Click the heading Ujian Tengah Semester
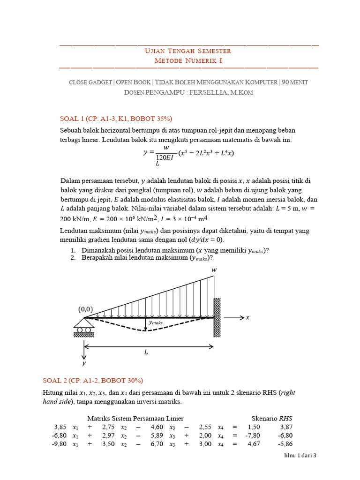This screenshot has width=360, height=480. click(x=189, y=51)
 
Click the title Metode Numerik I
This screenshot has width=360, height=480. click(x=189, y=61)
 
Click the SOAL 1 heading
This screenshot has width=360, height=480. click(x=113, y=118)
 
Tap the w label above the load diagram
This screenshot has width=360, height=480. click(x=214, y=270)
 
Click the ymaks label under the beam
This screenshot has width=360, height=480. click(x=155, y=323)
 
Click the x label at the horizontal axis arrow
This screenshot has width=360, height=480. click(x=248, y=318)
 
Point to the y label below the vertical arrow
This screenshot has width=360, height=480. click(x=84, y=363)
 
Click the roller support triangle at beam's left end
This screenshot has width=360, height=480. click(x=84, y=322)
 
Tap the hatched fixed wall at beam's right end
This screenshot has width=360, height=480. click(x=217, y=317)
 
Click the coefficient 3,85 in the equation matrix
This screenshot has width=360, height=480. click(x=61, y=427)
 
